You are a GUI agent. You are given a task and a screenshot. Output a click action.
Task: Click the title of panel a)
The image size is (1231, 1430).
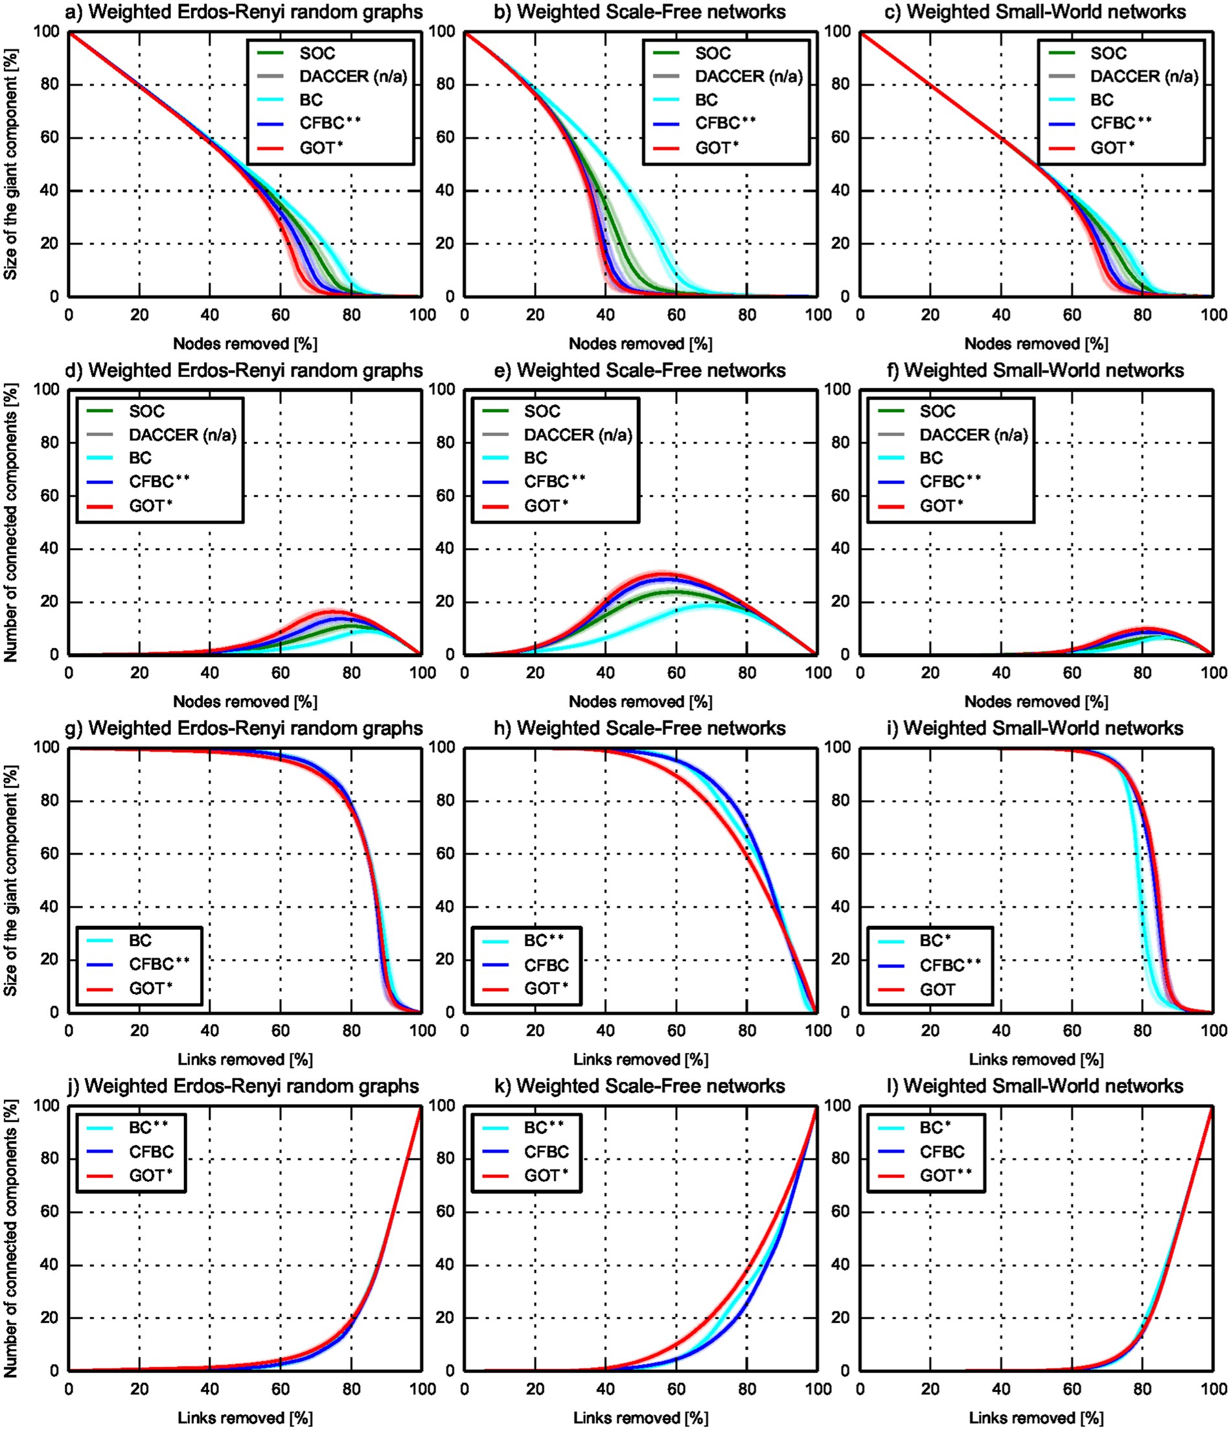246,12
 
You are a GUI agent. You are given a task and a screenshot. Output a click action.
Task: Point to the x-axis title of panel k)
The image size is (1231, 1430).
640,1418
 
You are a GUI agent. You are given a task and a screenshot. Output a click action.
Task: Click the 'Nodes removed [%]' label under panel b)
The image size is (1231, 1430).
640,343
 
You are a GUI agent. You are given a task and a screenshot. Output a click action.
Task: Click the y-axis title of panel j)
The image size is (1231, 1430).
10,1238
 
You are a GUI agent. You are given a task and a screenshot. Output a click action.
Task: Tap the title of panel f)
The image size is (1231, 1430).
1035,371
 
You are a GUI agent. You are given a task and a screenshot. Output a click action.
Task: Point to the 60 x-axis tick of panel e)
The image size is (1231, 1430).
676,672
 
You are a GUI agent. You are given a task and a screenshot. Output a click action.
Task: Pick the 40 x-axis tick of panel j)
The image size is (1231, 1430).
210,1388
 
